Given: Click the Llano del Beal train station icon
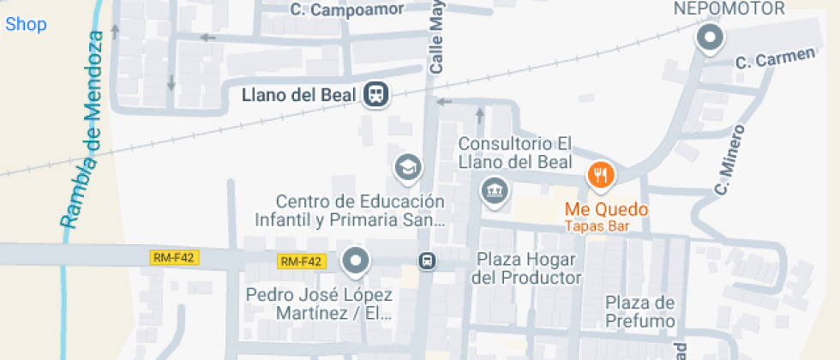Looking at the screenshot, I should tap(375, 94).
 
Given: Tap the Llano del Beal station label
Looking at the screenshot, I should tap(298, 94).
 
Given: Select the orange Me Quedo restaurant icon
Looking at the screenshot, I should tap(601, 176).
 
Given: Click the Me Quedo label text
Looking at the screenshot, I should tap(606, 209).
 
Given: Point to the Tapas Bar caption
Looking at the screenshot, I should tap(597, 226).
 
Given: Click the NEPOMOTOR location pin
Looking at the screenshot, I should tap(710, 39).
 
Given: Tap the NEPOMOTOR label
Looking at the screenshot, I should tap(730, 9).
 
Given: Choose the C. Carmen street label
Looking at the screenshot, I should tap(775, 59).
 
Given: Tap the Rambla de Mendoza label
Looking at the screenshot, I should tap(83, 129).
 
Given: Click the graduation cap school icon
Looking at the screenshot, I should tap(406, 167).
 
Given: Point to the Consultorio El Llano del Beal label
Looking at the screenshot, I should tap(515, 153).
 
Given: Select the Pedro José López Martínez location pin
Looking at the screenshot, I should tap(355, 260).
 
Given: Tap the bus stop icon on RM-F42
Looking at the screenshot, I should tap(426, 260).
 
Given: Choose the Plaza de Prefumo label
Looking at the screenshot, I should tap(640, 312).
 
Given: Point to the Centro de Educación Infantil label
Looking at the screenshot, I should tap(360, 211).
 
